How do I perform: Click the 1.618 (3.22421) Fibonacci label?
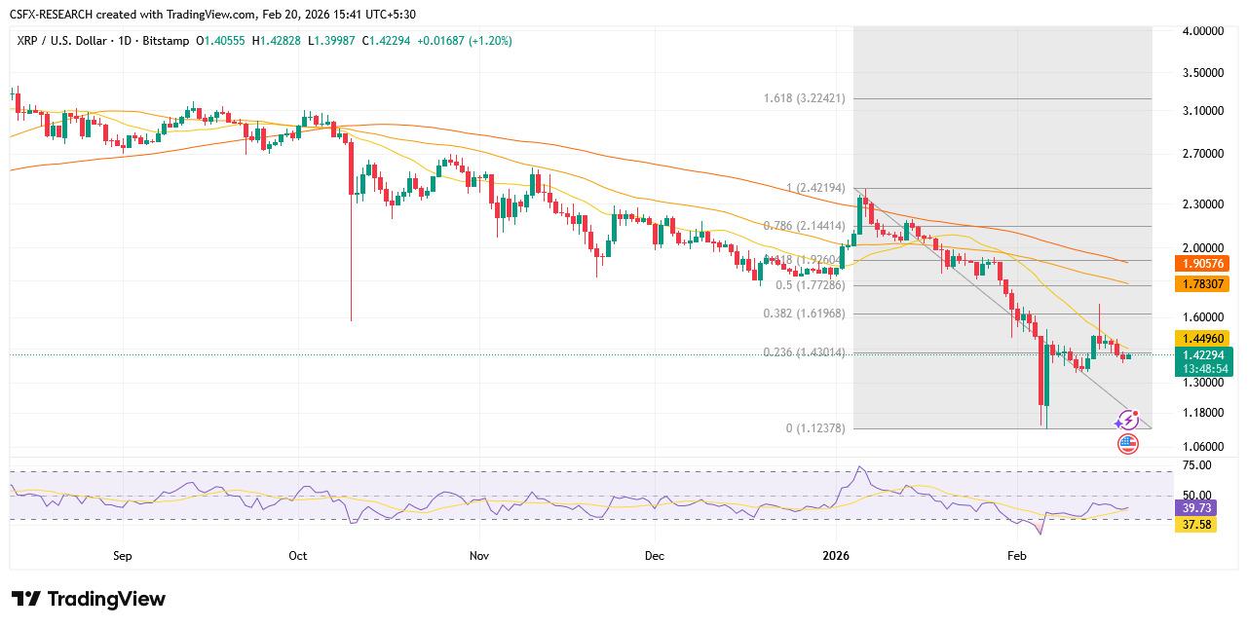click(x=804, y=98)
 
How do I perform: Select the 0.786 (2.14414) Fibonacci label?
click(x=804, y=226)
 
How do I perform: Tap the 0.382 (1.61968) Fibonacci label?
click(x=804, y=314)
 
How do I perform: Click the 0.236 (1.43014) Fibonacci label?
click(x=804, y=352)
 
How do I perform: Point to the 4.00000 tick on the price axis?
click(x=1202, y=31)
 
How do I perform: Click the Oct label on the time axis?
click(x=298, y=556)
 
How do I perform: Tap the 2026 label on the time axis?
click(x=836, y=556)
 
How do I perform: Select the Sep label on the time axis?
click(x=122, y=556)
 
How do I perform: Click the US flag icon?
click(x=1127, y=444)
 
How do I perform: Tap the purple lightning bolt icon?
click(x=1127, y=421)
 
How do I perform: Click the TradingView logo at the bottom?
click(x=89, y=599)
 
